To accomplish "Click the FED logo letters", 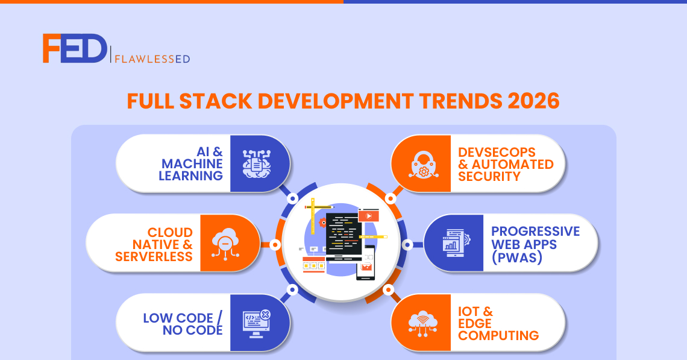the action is (75, 48).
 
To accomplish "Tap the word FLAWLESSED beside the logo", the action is (152, 58).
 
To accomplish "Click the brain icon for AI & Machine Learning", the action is (257, 163).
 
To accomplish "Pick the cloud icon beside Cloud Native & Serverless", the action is (225, 244).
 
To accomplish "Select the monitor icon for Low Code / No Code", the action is (257, 324).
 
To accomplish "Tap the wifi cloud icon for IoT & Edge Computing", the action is (423, 324).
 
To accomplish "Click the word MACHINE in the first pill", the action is (192, 163).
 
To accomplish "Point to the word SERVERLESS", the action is (154, 256).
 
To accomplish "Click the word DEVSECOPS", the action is (497, 152).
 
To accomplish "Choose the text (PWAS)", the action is (517, 257).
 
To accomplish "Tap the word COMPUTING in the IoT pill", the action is (498, 335).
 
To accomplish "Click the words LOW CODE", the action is (178, 318).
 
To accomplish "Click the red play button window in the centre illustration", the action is (368, 216).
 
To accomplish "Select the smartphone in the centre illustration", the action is (366, 263).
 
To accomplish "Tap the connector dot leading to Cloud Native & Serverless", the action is (275, 245).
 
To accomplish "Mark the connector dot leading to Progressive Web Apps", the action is (407, 245).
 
